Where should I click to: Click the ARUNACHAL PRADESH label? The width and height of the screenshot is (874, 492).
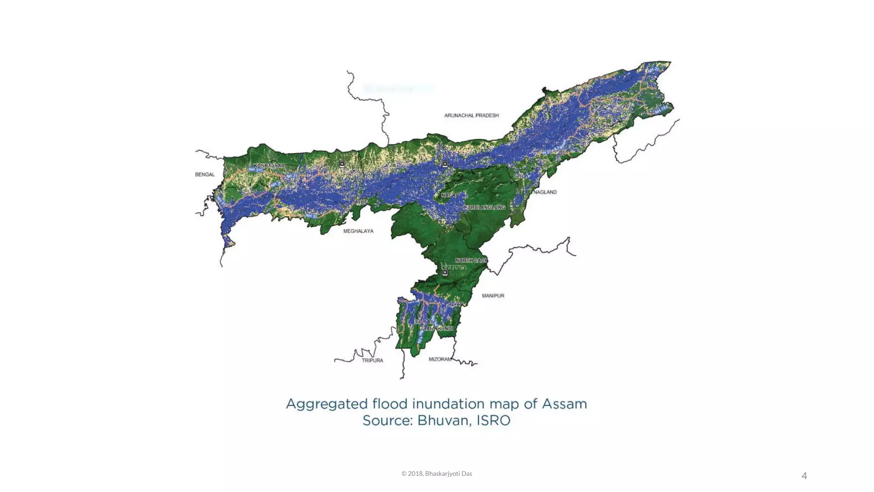coord(471,115)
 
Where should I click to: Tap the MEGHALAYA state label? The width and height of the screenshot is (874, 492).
coord(358,231)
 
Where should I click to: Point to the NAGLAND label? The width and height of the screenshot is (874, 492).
coord(545,192)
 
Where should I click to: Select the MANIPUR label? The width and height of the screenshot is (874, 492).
coord(493,296)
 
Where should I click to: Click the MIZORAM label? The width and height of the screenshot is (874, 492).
coord(440,359)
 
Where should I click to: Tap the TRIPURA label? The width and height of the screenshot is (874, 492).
coord(372,360)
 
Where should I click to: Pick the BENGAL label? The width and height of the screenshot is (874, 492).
coord(205,174)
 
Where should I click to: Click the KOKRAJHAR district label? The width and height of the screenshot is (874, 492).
coord(269,166)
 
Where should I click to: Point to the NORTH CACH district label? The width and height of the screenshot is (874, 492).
coord(471,260)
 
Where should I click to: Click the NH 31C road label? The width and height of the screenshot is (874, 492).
coord(256,170)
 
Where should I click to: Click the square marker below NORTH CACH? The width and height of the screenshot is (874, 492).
coord(445,272)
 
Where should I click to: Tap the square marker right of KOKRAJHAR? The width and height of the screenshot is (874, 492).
coord(342,164)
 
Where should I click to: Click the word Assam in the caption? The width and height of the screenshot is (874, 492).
coord(564,404)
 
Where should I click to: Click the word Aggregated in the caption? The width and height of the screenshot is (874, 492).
coord(326,404)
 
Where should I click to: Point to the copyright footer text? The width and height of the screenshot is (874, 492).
coord(437,474)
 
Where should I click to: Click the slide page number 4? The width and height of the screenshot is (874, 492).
coord(804,476)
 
